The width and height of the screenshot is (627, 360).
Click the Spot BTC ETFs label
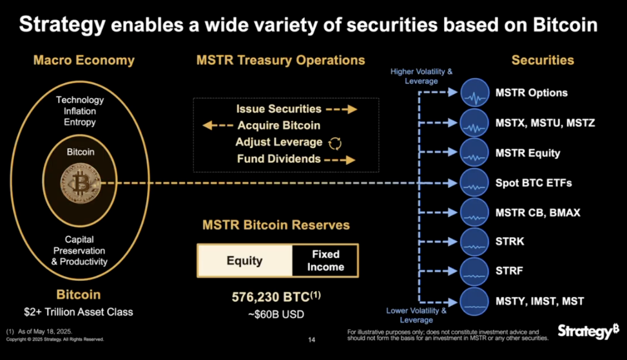click(534, 183)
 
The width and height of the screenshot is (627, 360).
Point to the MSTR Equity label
click(528, 153)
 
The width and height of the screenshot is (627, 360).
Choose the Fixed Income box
click(325, 261)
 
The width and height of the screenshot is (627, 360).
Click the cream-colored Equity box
click(245, 261)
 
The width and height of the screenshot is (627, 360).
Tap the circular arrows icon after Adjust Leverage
click(335, 142)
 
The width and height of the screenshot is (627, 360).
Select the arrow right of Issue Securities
click(342, 109)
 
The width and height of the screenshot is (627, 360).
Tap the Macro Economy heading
click(84, 61)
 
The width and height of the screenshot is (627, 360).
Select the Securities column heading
click(543, 61)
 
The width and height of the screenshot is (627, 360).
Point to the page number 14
click(312, 339)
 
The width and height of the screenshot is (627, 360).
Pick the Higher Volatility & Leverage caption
click(422, 76)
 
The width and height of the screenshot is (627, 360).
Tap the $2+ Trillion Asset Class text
click(79, 312)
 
